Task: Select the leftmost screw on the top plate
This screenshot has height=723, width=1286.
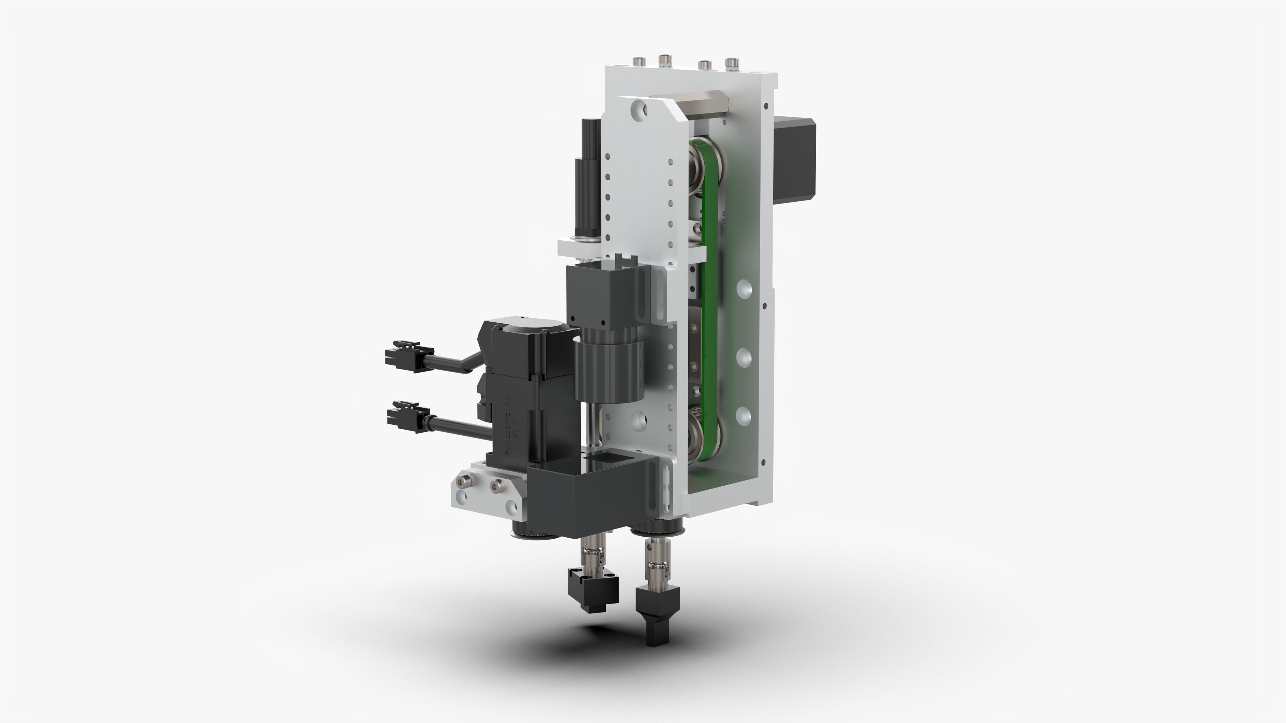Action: coord(639,62)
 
